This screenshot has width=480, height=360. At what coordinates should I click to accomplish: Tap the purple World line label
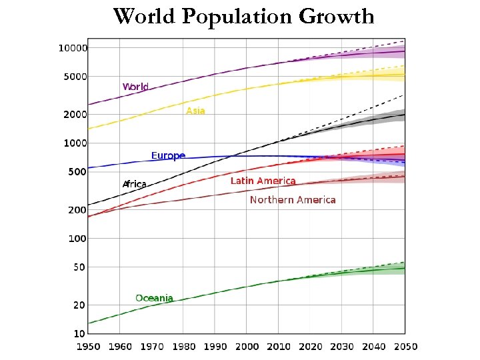click(x=135, y=87)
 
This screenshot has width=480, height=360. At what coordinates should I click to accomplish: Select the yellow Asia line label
click(x=195, y=111)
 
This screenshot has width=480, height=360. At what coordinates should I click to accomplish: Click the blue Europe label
click(x=168, y=155)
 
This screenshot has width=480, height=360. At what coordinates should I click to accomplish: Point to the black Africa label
click(x=134, y=184)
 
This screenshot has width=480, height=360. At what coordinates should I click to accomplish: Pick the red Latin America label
click(x=263, y=181)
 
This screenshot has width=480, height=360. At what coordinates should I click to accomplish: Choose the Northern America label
click(x=293, y=200)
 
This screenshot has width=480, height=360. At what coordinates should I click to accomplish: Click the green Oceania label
click(x=154, y=298)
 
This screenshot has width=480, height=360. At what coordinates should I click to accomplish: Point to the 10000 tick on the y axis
click(x=73, y=48)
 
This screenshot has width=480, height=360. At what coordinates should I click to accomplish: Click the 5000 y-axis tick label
click(x=75, y=77)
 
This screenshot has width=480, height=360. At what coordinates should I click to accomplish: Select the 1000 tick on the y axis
click(x=75, y=143)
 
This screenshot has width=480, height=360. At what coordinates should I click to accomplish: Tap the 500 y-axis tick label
click(x=77, y=172)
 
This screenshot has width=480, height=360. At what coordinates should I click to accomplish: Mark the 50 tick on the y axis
click(x=79, y=267)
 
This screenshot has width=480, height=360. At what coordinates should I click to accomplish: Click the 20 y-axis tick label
click(x=79, y=305)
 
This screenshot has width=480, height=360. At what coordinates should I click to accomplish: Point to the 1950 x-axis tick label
click(x=89, y=347)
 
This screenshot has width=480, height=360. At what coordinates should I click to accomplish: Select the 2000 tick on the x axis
click(x=247, y=347)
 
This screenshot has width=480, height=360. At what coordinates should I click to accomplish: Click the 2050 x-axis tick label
click(x=405, y=347)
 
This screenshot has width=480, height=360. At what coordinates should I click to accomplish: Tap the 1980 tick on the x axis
click(x=183, y=347)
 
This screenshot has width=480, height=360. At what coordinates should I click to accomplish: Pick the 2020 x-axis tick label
click(x=310, y=347)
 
